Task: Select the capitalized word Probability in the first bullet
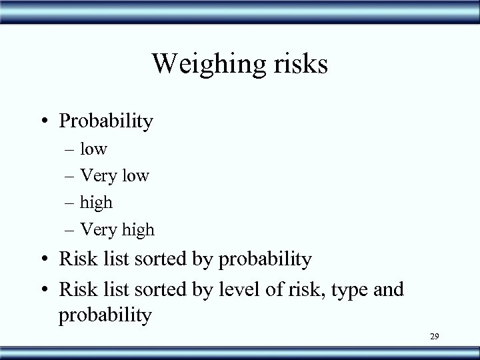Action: (x=107, y=121)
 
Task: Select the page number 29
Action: (x=434, y=339)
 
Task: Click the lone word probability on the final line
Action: (x=106, y=314)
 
